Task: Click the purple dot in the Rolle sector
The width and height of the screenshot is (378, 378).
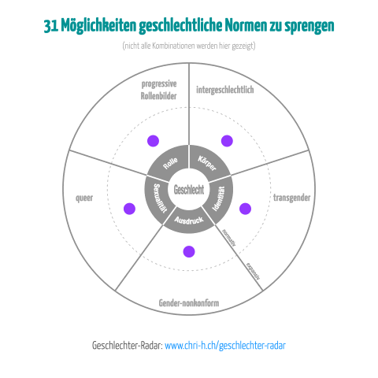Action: [x=153, y=141]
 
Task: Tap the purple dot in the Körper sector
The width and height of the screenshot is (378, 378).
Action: [x=227, y=141]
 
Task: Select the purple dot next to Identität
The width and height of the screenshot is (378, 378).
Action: [x=245, y=209]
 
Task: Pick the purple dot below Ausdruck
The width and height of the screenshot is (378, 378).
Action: [x=189, y=251]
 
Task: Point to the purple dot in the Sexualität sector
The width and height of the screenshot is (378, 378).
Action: [x=129, y=209]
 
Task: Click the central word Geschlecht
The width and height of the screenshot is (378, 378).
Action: [x=189, y=190]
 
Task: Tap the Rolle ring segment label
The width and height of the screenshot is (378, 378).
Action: [x=170, y=163]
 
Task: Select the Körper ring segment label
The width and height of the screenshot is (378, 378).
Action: [x=207, y=163]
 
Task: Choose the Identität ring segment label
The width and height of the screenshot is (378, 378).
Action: [x=218, y=198]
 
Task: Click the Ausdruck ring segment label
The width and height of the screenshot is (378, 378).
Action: [x=189, y=220]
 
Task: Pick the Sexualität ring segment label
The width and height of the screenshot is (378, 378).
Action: [x=160, y=198]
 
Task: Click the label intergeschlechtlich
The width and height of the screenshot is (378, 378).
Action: [x=225, y=90]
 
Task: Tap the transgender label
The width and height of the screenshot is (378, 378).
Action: [x=291, y=198]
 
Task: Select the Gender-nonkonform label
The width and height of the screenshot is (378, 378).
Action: [x=189, y=303]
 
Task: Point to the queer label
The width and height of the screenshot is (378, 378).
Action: [x=84, y=198]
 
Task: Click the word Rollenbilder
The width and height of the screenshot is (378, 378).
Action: [x=158, y=96]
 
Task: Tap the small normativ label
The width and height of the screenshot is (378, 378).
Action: [x=229, y=238]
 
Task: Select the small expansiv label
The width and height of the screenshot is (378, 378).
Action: [x=254, y=271]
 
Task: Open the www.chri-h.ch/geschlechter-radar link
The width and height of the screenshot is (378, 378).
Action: [x=225, y=346]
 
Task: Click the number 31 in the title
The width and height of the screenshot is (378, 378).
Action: [x=51, y=26]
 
